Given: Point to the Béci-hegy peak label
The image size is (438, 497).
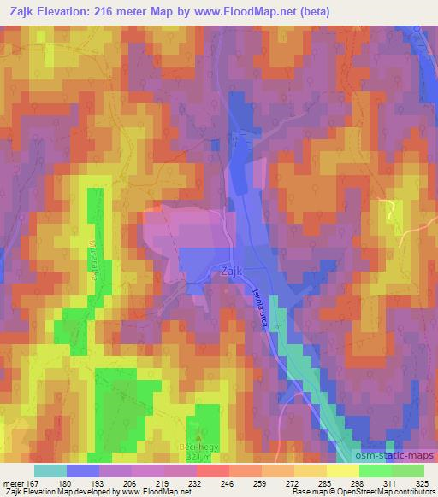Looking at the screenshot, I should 199,447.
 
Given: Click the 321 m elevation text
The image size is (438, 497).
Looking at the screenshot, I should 199,458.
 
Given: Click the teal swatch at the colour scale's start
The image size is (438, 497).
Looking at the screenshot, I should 50,470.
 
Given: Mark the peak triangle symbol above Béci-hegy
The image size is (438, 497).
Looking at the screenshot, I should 199,437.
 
